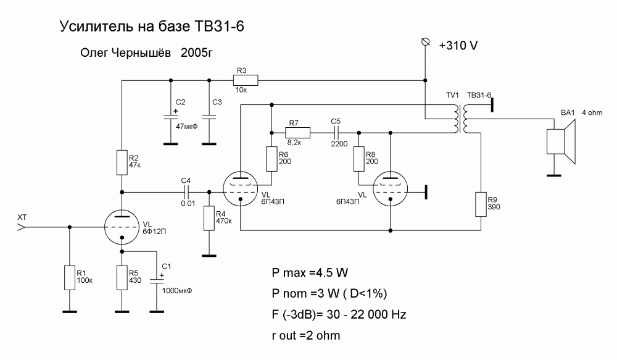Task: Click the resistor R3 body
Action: tap(245, 80)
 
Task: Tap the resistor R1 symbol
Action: tap(68, 278)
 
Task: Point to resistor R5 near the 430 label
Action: tap(122, 277)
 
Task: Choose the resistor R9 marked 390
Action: tap(480, 204)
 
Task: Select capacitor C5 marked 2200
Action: tap(337, 132)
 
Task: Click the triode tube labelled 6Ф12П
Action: tap(122, 228)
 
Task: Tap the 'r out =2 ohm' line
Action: tap(305, 335)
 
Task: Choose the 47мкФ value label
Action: tap(186, 126)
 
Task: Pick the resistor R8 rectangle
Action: tap(358, 159)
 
